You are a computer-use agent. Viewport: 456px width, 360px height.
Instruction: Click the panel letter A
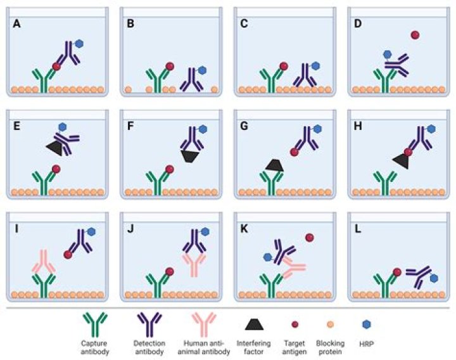click(16, 25)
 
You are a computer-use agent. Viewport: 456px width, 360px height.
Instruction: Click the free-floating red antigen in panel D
click(415, 35)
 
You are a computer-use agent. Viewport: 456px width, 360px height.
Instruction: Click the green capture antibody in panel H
click(384, 182)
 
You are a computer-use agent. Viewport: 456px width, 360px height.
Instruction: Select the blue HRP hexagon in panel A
click(80, 44)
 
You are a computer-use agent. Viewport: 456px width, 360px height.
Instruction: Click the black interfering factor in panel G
click(274, 165)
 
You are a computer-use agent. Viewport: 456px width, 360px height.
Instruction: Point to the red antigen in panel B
click(170, 66)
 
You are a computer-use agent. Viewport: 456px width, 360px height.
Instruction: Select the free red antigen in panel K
click(310, 238)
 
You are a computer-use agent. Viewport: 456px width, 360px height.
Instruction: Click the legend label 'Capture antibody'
click(95, 347)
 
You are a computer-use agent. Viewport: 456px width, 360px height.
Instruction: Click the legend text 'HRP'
click(365, 344)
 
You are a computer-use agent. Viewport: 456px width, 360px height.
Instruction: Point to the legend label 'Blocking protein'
click(331, 347)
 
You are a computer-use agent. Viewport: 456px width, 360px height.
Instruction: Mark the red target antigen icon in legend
click(294, 324)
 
